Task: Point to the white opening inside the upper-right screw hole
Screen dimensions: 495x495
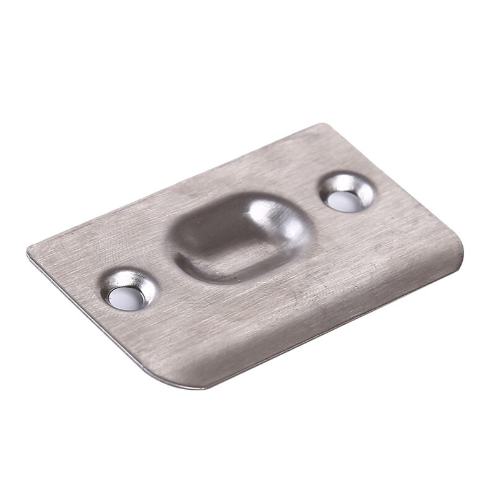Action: pos(343,200)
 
